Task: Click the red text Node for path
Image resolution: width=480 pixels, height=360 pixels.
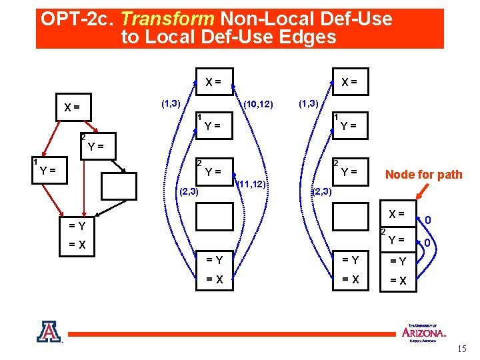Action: [423, 175]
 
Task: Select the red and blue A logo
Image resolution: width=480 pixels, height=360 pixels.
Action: [49, 331]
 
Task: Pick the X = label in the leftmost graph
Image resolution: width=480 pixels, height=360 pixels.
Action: [71, 107]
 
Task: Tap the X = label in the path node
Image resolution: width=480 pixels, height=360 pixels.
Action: [397, 214]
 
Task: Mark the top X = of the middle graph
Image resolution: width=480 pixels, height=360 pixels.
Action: [214, 82]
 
